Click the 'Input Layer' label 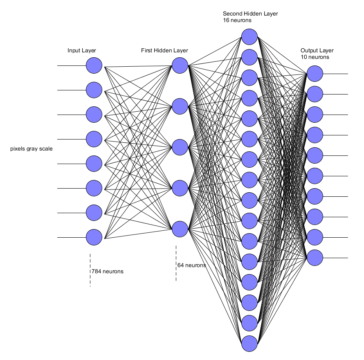click(82, 51)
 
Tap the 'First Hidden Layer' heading click(164, 51)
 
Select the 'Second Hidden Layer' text click(250, 13)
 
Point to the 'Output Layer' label click(317, 51)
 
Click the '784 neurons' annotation click(107, 271)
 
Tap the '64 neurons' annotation click(191, 265)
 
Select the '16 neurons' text click(237, 20)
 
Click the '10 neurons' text click(315, 57)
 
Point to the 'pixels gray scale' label click(31, 148)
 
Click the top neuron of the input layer click(94, 65)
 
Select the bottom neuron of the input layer click(94, 237)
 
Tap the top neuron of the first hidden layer click(180, 65)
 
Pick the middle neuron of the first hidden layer click(180, 147)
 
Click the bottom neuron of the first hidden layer click(180, 229)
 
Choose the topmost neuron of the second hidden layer click(249, 37)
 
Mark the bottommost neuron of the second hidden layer click(249, 344)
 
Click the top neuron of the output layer click(315, 74)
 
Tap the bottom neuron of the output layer click(315, 258)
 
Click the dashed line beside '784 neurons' click(90, 270)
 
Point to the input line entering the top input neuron click(72, 66)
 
